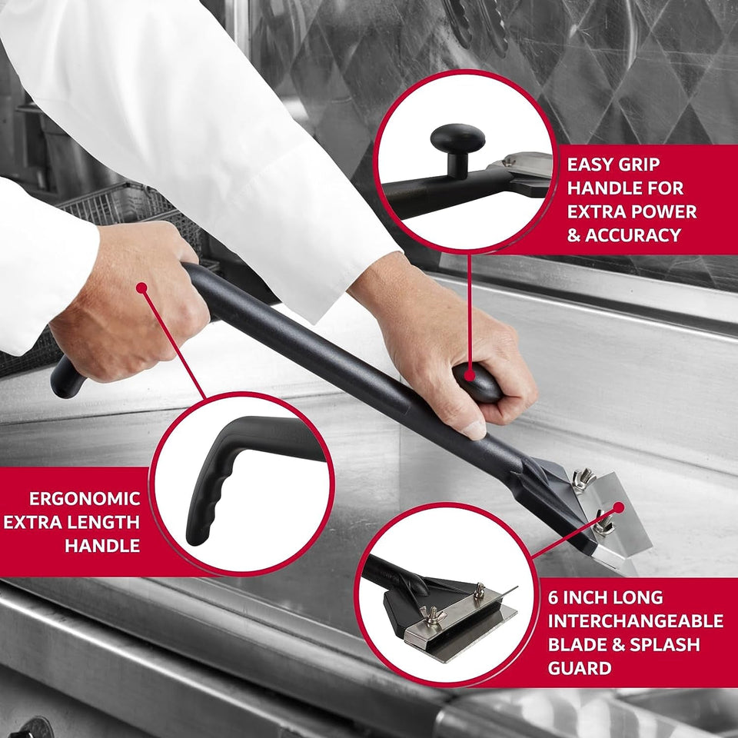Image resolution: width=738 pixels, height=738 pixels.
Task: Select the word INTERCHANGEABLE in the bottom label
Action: point(635,620)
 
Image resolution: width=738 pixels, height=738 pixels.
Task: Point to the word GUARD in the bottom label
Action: point(580,667)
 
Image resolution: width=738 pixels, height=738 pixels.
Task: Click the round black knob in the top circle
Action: point(457,140)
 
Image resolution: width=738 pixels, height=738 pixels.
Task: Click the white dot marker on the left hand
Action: point(141,288)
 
